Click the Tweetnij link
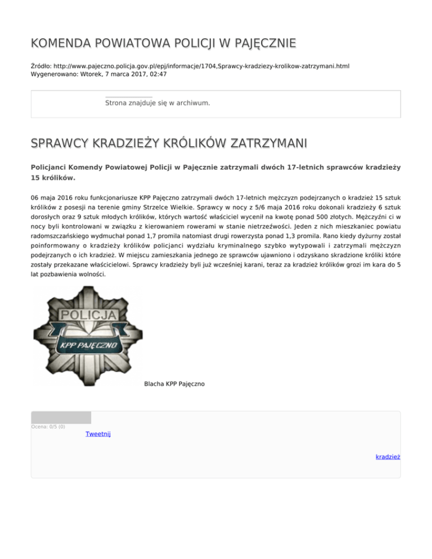[x=98, y=434]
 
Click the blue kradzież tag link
[x=388, y=457]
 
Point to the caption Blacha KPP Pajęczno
[x=174, y=384]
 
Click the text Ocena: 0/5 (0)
[x=48, y=427]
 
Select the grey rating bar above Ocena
[x=61, y=417]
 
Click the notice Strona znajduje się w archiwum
[x=157, y=103]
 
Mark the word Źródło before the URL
[x=42, y=66]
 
